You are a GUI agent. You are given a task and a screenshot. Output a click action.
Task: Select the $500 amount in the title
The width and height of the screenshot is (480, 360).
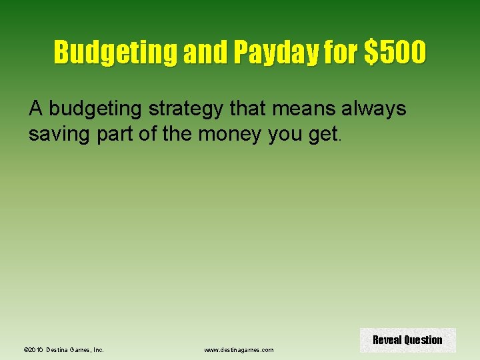[x=394, y=52]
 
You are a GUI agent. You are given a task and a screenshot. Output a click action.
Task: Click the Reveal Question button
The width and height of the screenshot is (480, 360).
[x=407, y=340]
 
